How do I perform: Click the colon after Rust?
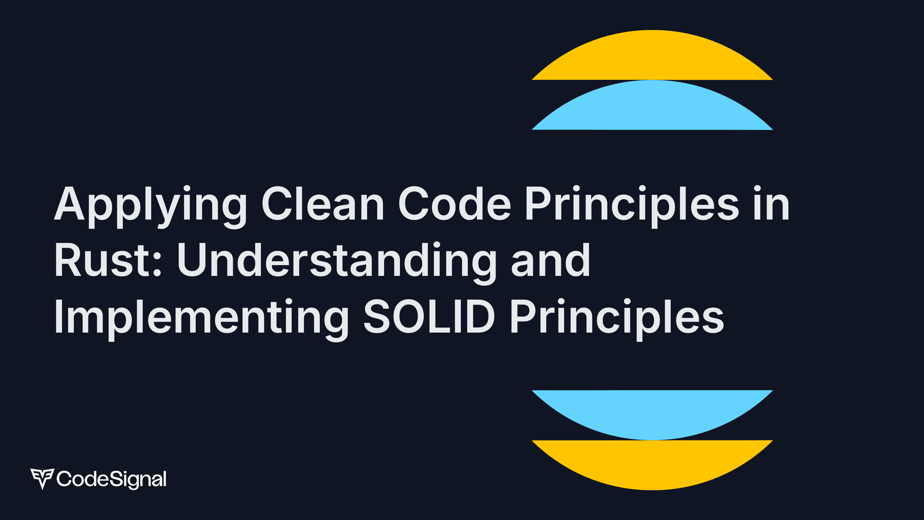pos(157,264)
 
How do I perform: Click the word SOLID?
pos(429,316)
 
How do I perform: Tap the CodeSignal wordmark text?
pos(112,479)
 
